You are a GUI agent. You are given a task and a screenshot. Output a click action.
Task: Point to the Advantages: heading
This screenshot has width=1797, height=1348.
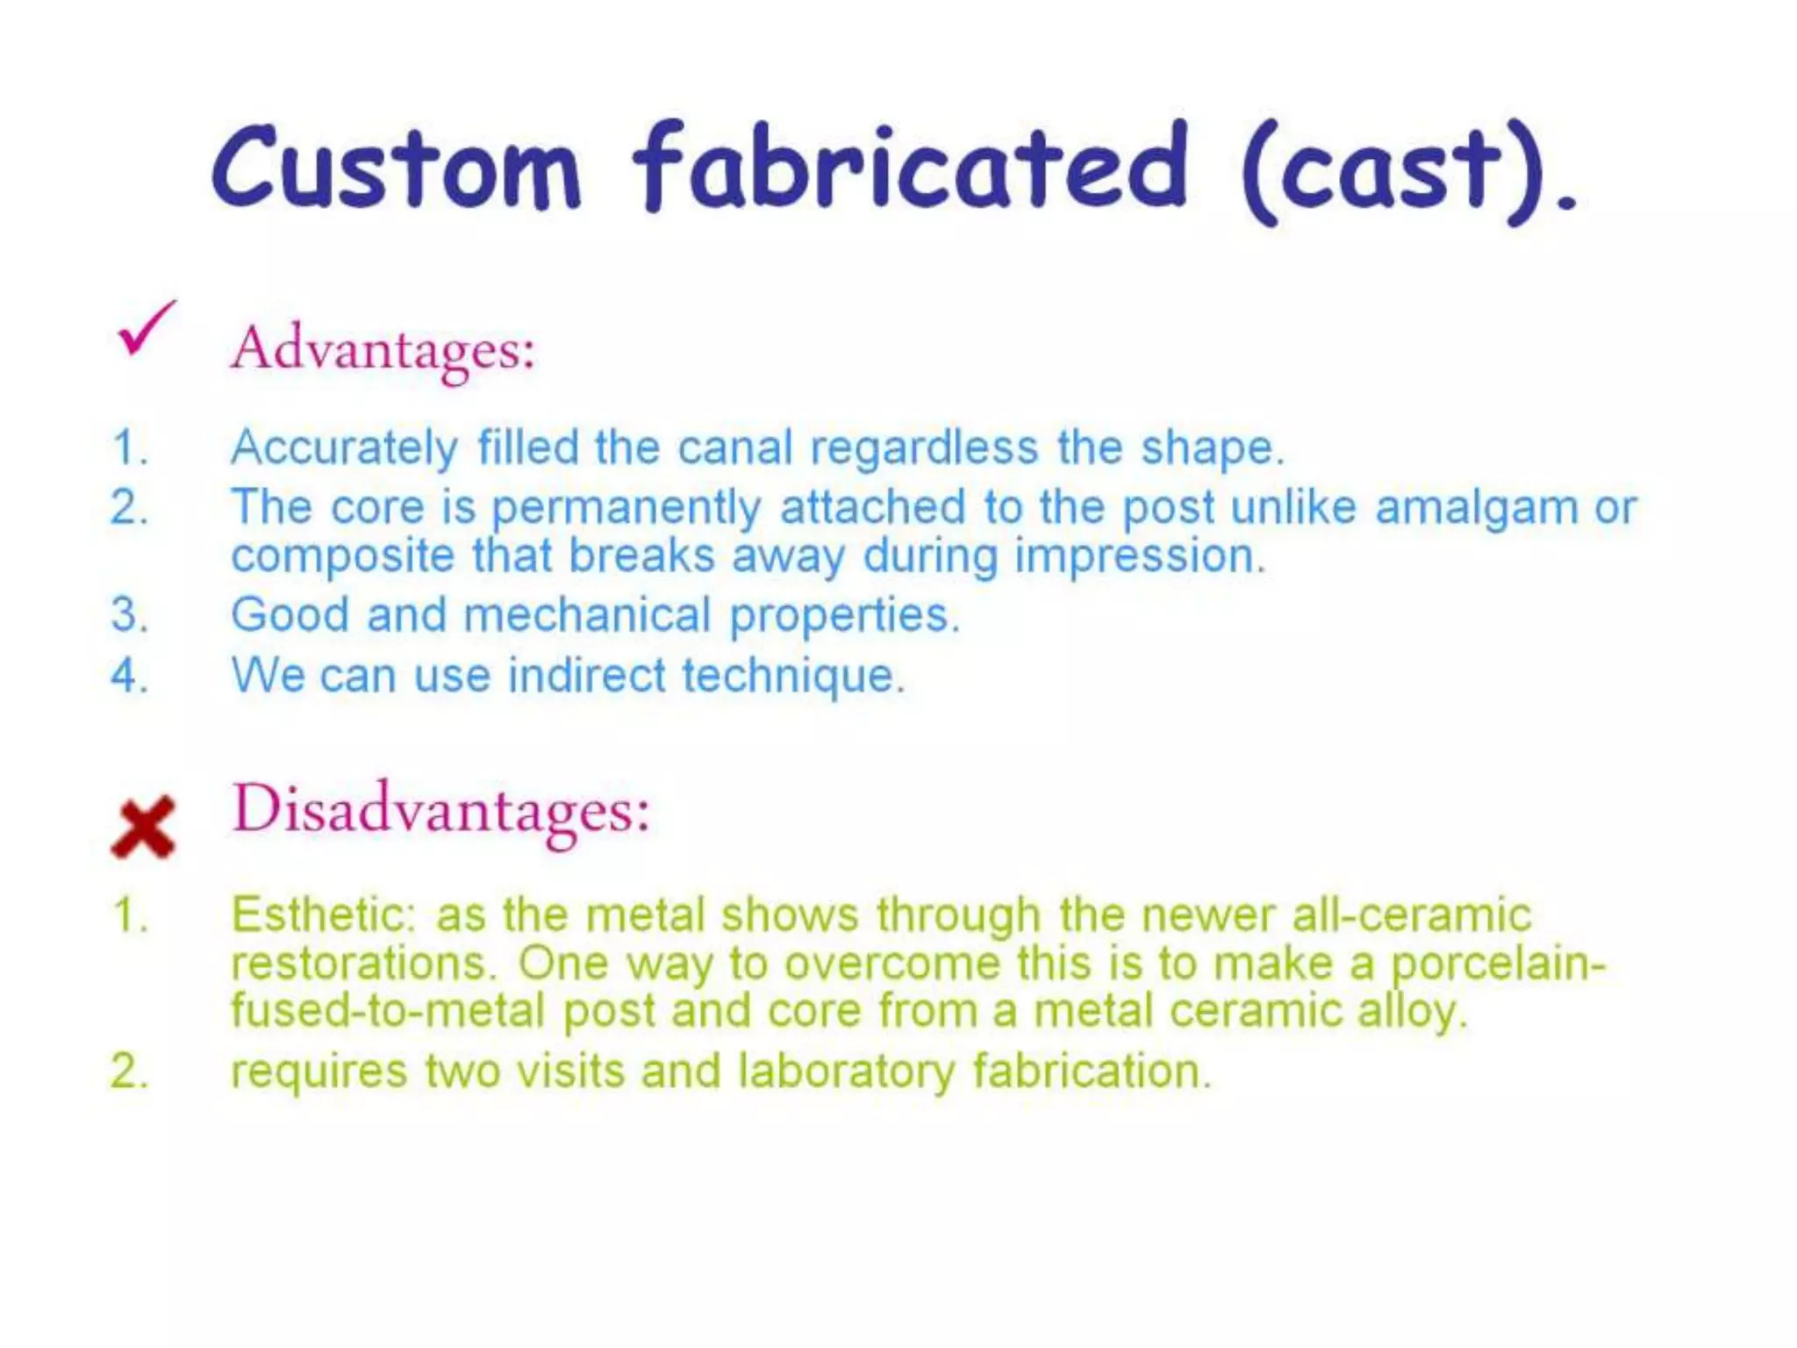(x=383, y=350)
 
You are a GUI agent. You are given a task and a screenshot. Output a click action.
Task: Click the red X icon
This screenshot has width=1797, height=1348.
(x=143, y=828)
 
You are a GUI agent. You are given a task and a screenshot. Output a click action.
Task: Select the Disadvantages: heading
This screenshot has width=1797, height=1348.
(x=440, y=810)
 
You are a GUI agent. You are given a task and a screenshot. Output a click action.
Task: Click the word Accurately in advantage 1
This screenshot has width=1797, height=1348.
(x=344, y=448)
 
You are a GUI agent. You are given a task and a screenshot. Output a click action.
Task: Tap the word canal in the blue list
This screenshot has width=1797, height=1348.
(x=735, y=448)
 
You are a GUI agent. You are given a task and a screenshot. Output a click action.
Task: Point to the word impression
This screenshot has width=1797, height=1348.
(x=1139, y=556)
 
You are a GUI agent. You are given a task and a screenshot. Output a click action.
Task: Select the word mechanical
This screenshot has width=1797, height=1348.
(x=587, y=614)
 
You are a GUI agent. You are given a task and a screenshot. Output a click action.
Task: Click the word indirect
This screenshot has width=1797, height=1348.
(x=587, y=676)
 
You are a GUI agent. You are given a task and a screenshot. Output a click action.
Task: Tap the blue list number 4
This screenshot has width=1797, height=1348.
(x=129, y=677)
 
